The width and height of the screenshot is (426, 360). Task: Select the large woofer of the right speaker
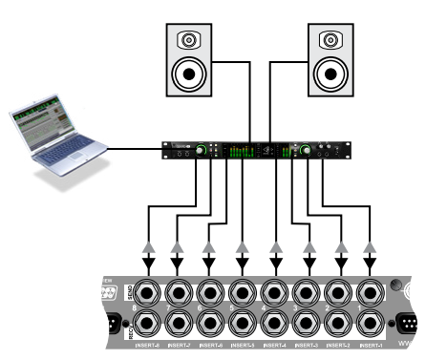pos(328,74)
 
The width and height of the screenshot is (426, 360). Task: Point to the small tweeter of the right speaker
pos(328,41)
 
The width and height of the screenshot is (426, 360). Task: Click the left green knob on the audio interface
pos(202,151)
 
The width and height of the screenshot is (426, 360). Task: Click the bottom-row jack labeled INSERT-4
pos(274,325)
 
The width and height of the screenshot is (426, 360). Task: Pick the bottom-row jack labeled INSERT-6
pos(210,325)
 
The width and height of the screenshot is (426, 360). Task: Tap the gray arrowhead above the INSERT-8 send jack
pos(145,247)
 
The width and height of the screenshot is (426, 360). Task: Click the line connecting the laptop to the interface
pos(134,148)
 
